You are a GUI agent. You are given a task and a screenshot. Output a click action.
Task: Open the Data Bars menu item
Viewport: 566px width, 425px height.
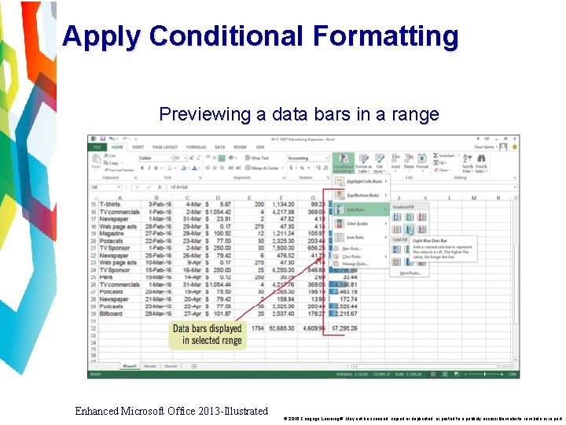tap(358, 209)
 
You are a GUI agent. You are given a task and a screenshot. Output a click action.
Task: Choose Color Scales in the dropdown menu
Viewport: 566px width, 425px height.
tap(358, 224)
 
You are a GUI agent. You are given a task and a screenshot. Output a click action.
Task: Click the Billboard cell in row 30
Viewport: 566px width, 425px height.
tap(111, 314)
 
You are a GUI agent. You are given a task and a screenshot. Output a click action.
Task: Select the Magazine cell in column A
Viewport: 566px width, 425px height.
tap(112, 234)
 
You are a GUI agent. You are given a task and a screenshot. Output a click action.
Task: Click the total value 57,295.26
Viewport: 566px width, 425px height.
tap(343, 328)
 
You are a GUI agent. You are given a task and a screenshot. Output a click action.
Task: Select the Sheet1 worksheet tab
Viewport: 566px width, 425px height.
tap(130, 366)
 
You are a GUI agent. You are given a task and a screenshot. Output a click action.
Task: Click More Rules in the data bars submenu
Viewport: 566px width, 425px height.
tap(410, 273)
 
